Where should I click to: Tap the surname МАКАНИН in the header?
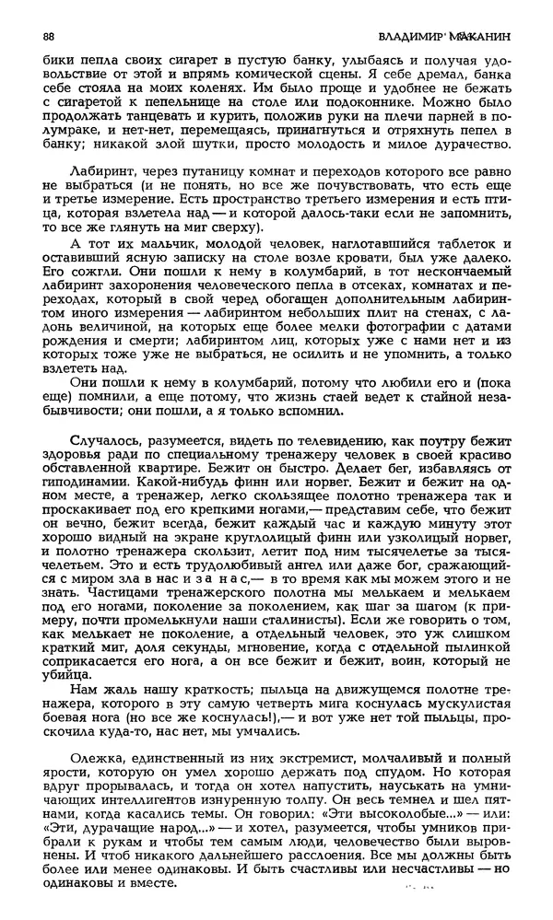pyautogui.click(x=478, y=36)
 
